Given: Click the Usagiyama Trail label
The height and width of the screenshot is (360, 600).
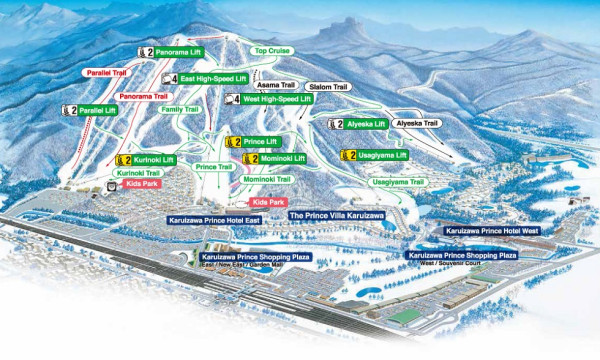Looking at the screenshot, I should click(x=374, y=183).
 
